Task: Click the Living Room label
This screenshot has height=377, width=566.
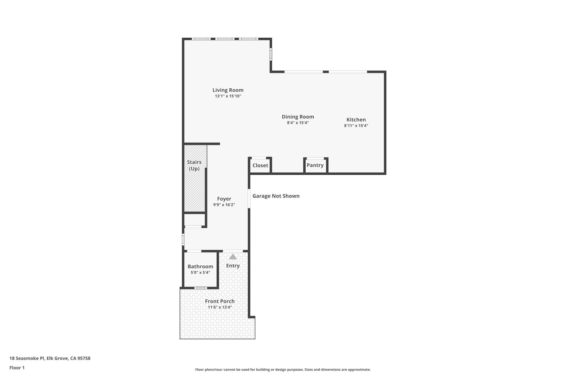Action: [x=228, y=90]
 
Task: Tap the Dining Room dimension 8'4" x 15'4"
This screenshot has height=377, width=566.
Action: [x=298, y=123]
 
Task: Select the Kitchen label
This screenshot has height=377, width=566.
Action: [x=356, y=120]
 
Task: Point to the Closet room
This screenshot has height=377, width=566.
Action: [x=260, y=166]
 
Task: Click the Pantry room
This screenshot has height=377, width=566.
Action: [x=315, y=166]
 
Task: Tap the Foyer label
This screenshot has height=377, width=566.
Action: [x=224, y=199]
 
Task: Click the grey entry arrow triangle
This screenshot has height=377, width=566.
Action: [x=233, y=257]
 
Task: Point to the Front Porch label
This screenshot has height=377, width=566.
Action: [x=220, y=301]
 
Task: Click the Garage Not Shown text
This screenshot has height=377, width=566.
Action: [x=276, y=196]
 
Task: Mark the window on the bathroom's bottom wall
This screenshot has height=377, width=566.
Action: [x=200, y=288]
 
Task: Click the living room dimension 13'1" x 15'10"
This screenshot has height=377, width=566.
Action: [x=228, y=96]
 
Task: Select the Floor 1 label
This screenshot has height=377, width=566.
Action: [x=17, y=368]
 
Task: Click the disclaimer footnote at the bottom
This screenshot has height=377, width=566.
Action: [x=283, y=370]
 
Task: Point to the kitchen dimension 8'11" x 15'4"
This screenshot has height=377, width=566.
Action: [x=356, y=126]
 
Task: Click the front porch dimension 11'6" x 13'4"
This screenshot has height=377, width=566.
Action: [x=220, y=307]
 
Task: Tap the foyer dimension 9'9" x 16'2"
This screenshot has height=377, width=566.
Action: [x=224, y=205]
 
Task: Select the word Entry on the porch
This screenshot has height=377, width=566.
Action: [x=233, y=266]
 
